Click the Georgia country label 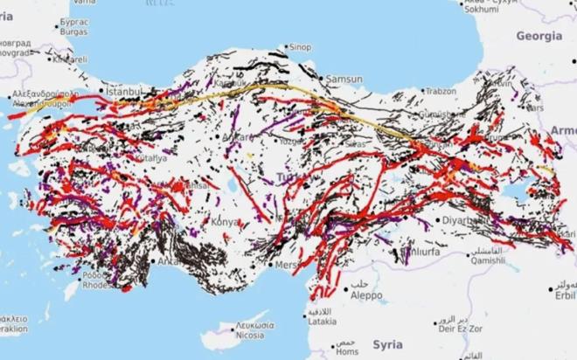[x=539, y=37]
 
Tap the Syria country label [x=388, y=344]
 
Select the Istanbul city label [x=122, y=91]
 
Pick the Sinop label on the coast [x=300, y=46]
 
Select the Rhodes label [x=95, y=285]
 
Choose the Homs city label [x=347, y=352]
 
